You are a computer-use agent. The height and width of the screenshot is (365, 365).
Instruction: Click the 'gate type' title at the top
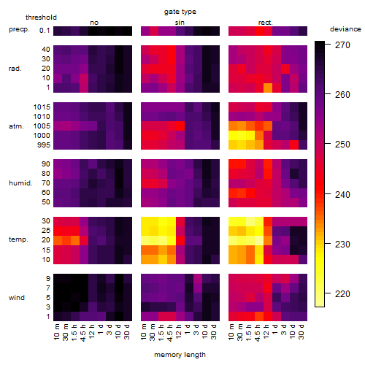(x=180, y=12)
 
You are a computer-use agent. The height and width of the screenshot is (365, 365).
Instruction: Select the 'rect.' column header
(x=266, y=23)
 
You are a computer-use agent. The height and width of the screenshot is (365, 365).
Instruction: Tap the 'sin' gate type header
(x=180, y=23)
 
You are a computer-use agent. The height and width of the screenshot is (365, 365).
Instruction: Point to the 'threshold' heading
(x=41, y=18)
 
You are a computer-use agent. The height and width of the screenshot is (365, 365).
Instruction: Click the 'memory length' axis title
(x=180, y=355)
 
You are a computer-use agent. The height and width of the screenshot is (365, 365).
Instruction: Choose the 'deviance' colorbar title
(x=345, y=29)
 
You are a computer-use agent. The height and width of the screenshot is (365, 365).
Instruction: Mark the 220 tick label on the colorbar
(x=342, y=294)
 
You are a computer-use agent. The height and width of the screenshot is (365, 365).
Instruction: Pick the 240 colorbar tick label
(x=342, y=195)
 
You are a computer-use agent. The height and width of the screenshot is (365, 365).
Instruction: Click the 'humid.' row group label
(x=20, y=183)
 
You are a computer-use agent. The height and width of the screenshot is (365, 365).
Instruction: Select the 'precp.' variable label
(x=19, y=29)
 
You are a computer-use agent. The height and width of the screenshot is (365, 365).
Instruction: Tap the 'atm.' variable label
(x=16, y=126)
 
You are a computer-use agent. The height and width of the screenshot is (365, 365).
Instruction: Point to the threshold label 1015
(x=42, y=107)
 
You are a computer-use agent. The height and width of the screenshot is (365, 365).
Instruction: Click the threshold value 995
(x=44, y=145)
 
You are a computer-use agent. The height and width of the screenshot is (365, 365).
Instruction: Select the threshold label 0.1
(x=45, y=31)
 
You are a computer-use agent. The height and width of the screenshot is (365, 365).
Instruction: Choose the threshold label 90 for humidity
(x=46, y=164)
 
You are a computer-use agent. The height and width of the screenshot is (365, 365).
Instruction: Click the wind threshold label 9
(x=48, y=278)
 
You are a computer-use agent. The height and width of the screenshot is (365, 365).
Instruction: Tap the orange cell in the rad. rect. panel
(x=268, y=88)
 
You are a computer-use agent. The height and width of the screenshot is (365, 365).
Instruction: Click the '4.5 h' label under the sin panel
(x=170, y=333)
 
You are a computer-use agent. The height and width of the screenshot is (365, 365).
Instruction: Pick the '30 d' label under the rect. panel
(x=301, y=331)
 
